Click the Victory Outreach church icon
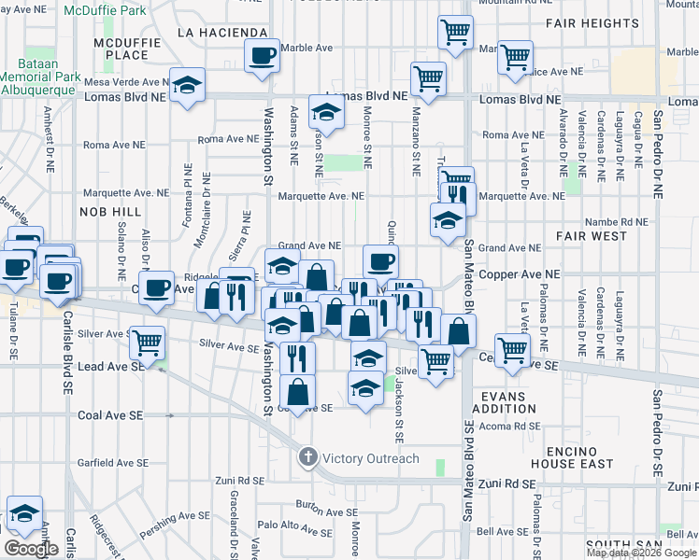coord(308,457)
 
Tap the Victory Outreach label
coord(371,458)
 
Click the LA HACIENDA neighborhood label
coord(222,32)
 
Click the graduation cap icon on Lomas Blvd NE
coord(188,85)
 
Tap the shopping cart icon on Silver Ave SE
coord(147,342)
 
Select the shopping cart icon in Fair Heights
coord(455,33)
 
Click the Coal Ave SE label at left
coord(109,414)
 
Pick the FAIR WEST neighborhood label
coord(595,236)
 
